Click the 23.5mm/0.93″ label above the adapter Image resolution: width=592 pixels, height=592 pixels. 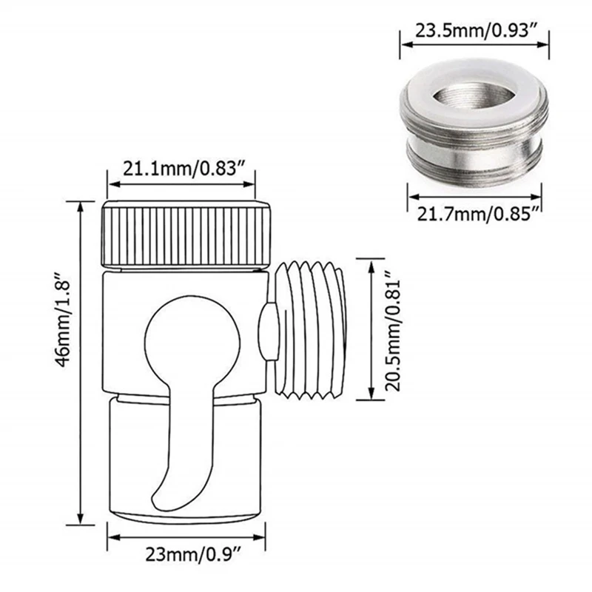click(x=475, y=32)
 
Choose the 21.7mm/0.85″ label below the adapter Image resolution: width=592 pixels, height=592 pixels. click(x=475, y=214)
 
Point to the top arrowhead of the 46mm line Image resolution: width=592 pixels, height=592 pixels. click(x=78, y=203)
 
